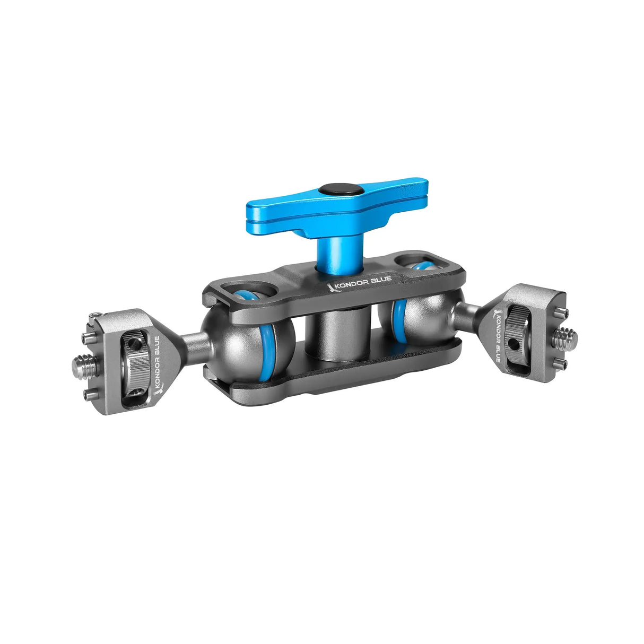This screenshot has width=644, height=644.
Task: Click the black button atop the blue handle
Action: [341, 189]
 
